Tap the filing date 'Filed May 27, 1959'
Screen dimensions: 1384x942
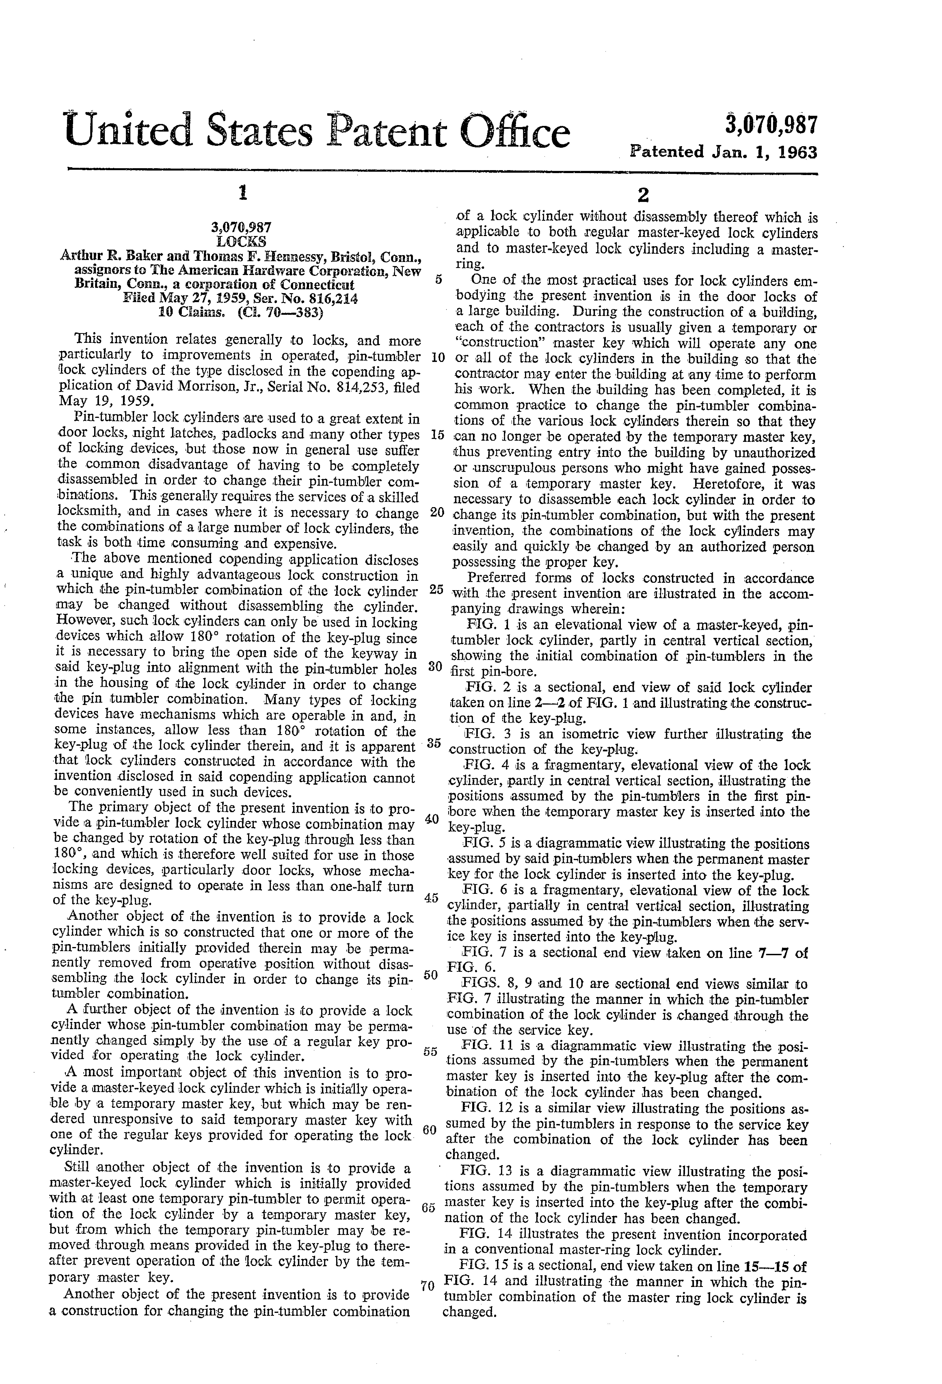(176, 298)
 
